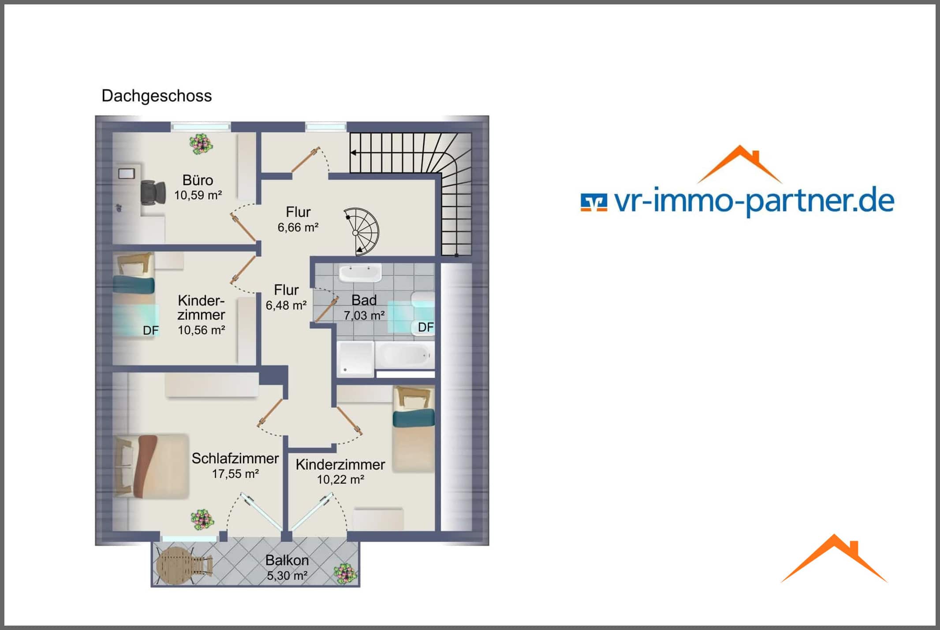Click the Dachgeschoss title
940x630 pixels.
coord(157,96)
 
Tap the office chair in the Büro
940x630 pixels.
coord(153,193)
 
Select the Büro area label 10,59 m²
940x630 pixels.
coord(198,195)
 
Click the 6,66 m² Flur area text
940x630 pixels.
coord(298,227)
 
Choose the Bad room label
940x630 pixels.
coord(364,300)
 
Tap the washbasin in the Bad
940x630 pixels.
coord(360,273)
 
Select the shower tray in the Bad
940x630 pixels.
coord(356,358)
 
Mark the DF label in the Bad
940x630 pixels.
coord(426,327)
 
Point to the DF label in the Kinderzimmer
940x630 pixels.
coord(151,330)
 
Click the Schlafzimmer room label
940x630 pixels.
coord(235,459)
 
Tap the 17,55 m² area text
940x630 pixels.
coord(235,474)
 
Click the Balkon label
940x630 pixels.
coord(287,560)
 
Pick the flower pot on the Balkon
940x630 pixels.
coord(345,574)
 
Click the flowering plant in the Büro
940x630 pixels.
coord(201,144)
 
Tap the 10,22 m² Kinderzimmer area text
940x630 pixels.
coord(341,480)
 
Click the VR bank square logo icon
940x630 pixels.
coord(594,203)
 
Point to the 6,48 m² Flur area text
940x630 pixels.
coord(286,306)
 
